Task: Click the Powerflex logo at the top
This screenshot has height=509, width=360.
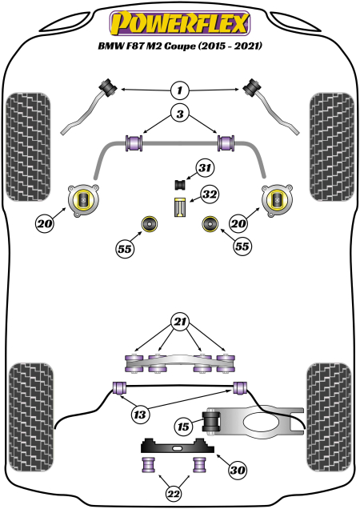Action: [179, 24]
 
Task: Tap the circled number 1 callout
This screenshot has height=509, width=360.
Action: [180, 90]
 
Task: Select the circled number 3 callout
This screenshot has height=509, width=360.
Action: [180, 115]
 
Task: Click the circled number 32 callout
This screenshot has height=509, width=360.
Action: [210, 194]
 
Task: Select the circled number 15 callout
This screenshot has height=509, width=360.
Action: [183, 428]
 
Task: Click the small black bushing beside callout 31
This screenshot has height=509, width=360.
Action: [181, 184]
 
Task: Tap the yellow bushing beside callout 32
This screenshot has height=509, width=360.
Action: [181, 206]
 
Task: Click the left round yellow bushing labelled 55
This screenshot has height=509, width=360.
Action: [148, 222]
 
